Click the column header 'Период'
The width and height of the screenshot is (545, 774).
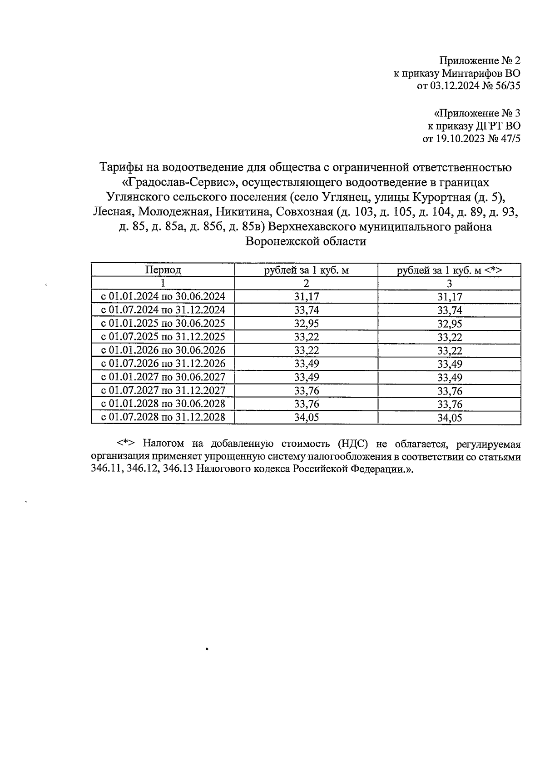click(163, 270)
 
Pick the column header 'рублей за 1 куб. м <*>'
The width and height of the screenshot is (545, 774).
click(449, 270)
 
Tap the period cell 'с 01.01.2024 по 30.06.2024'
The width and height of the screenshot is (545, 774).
click(163, 297)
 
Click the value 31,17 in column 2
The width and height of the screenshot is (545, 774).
click(307, 297)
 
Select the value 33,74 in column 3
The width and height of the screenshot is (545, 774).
click(449, 310)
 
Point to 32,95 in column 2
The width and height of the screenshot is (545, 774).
click(307, 324)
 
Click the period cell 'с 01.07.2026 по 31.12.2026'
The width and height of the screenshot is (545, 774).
click(163, 364)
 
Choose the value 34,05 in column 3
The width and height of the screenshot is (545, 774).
click(449, 418)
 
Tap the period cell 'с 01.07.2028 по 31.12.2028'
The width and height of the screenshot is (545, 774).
click(163, 417)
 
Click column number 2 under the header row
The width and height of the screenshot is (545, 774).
click(307, 283)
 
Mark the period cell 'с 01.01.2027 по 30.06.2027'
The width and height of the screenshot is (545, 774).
click(163, 377)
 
